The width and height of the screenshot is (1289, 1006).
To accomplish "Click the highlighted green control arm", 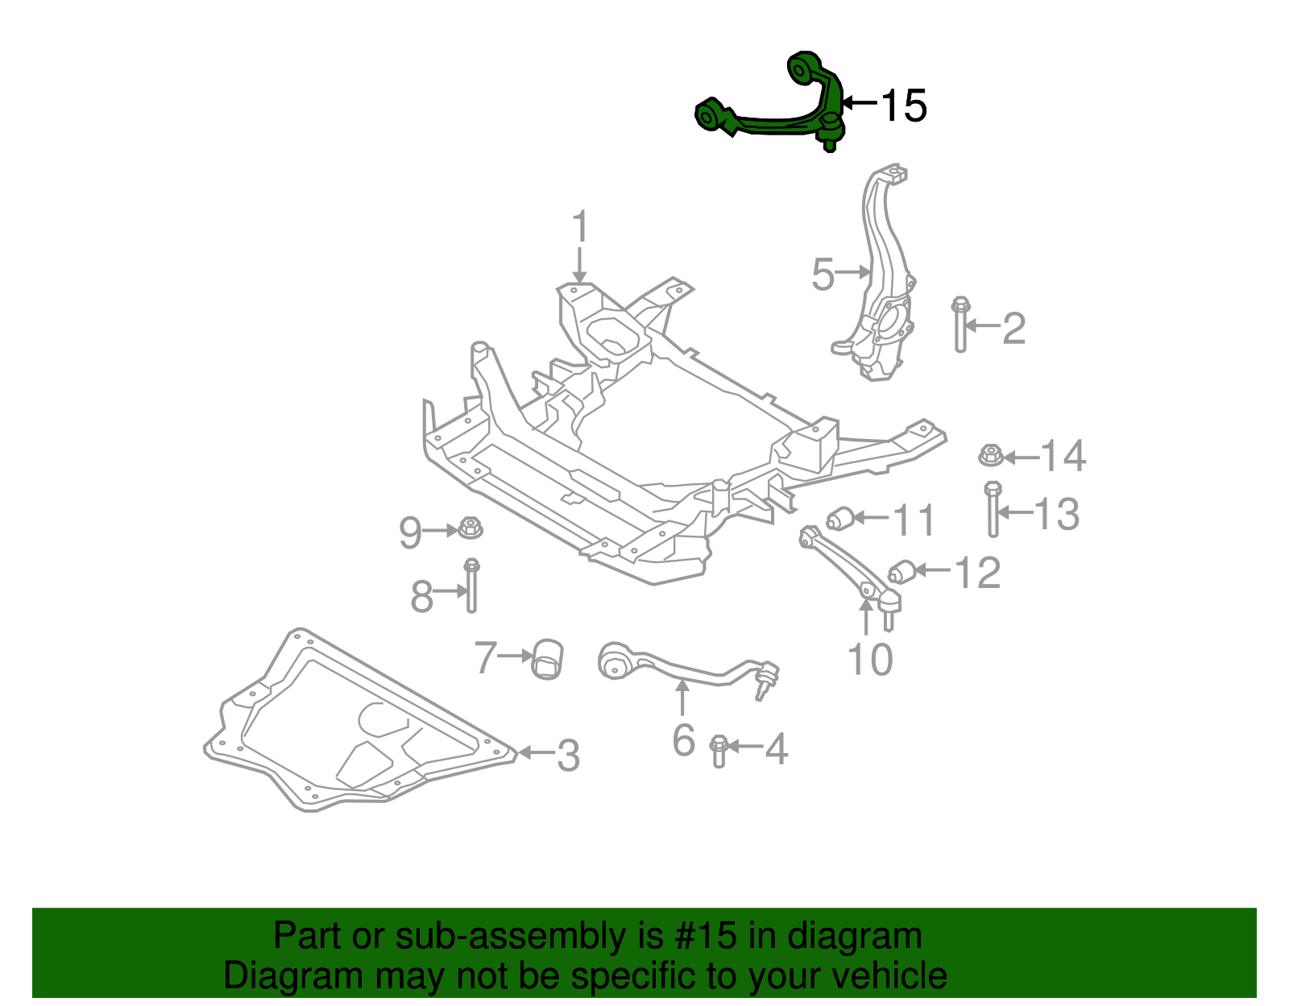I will pyautogui.click(x=773, y=121).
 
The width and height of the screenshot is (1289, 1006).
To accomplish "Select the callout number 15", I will pyautogui.click(x=903, y=106).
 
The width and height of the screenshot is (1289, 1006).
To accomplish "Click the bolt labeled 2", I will pyautogui.click(x=960, y=326).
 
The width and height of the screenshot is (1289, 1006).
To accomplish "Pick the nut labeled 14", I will pyautogui.click(x=991, y=456).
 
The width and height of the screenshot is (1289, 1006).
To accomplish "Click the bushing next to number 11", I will pyautogui.click(x=840, y=518).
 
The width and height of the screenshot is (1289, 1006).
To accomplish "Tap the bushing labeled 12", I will pyautogui.click(x=901, y=572).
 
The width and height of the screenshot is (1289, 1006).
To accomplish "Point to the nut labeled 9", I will pyautogui.click(x=470, y=529).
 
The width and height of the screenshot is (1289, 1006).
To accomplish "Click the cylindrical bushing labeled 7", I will pyautogui.click(x=548, y=659).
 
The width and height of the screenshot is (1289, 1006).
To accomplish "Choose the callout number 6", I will pyautogui.click(x=683, y=739).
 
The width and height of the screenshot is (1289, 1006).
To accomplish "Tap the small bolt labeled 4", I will pyautogui.click(x=719, y=750).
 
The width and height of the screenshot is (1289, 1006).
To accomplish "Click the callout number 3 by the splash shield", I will pyautogui.click(x=568, y=756).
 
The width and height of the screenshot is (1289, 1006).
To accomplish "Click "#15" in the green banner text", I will pyautogui.click(x=703, y=937).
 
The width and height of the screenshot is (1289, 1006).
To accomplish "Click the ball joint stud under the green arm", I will pyautogui.click(x=830, y=143).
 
